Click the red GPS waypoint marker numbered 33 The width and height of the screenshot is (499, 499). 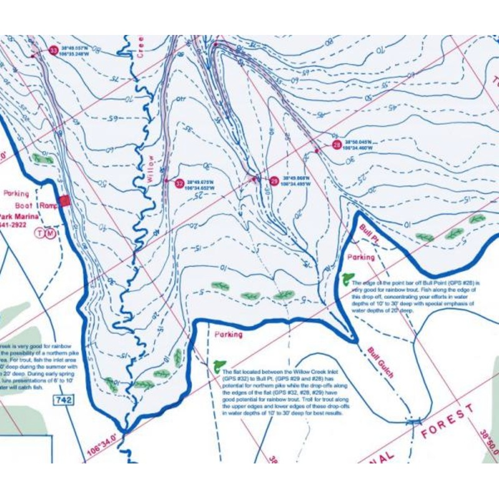coord(53,50)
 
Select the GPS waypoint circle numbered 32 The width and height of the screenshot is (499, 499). coord(180,183)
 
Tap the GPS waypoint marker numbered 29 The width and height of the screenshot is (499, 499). coord(273,181)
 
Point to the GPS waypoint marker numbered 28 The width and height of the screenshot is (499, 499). coord(337,145)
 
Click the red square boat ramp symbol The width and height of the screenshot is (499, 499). coord(64,201)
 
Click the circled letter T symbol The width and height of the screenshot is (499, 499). coord(41,233)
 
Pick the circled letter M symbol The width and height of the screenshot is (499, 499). coord(51,233)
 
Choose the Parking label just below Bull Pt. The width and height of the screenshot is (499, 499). coord(361,257)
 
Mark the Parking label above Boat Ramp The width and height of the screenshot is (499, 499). coord(16,193)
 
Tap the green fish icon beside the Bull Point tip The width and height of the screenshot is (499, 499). coord(348,279)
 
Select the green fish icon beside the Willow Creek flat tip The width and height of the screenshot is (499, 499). coord(218,366)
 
